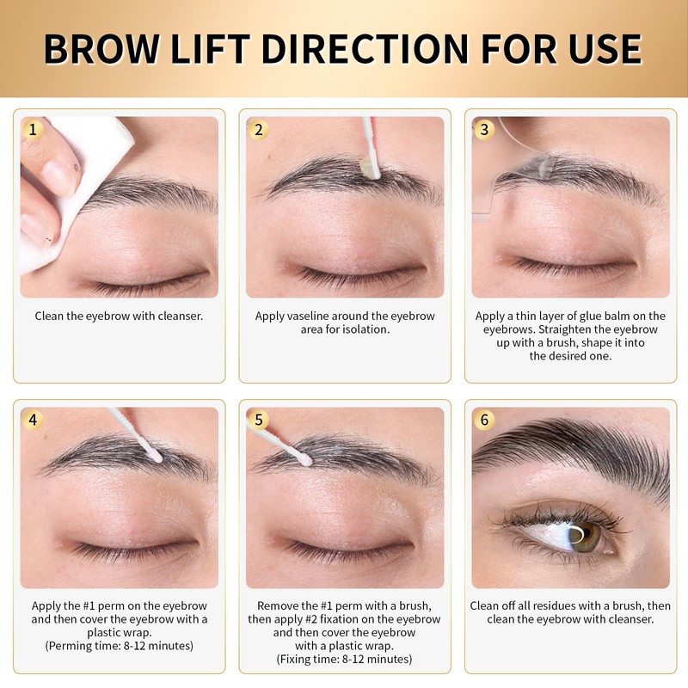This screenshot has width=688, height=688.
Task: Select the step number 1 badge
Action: pos(34,130)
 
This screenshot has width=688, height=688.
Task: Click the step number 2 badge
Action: pos(259,130)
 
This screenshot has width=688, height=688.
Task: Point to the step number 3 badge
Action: pos(485,130)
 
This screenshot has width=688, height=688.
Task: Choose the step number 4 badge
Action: pos(34,420)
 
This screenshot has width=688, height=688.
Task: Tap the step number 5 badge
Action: pos(259,420)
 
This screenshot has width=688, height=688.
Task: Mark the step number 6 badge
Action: pos(485,420)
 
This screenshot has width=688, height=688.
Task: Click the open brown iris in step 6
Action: pos(587,537)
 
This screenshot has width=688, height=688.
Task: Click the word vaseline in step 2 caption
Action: pos(310,316)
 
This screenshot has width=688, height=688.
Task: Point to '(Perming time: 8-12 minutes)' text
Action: pos(119,646)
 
